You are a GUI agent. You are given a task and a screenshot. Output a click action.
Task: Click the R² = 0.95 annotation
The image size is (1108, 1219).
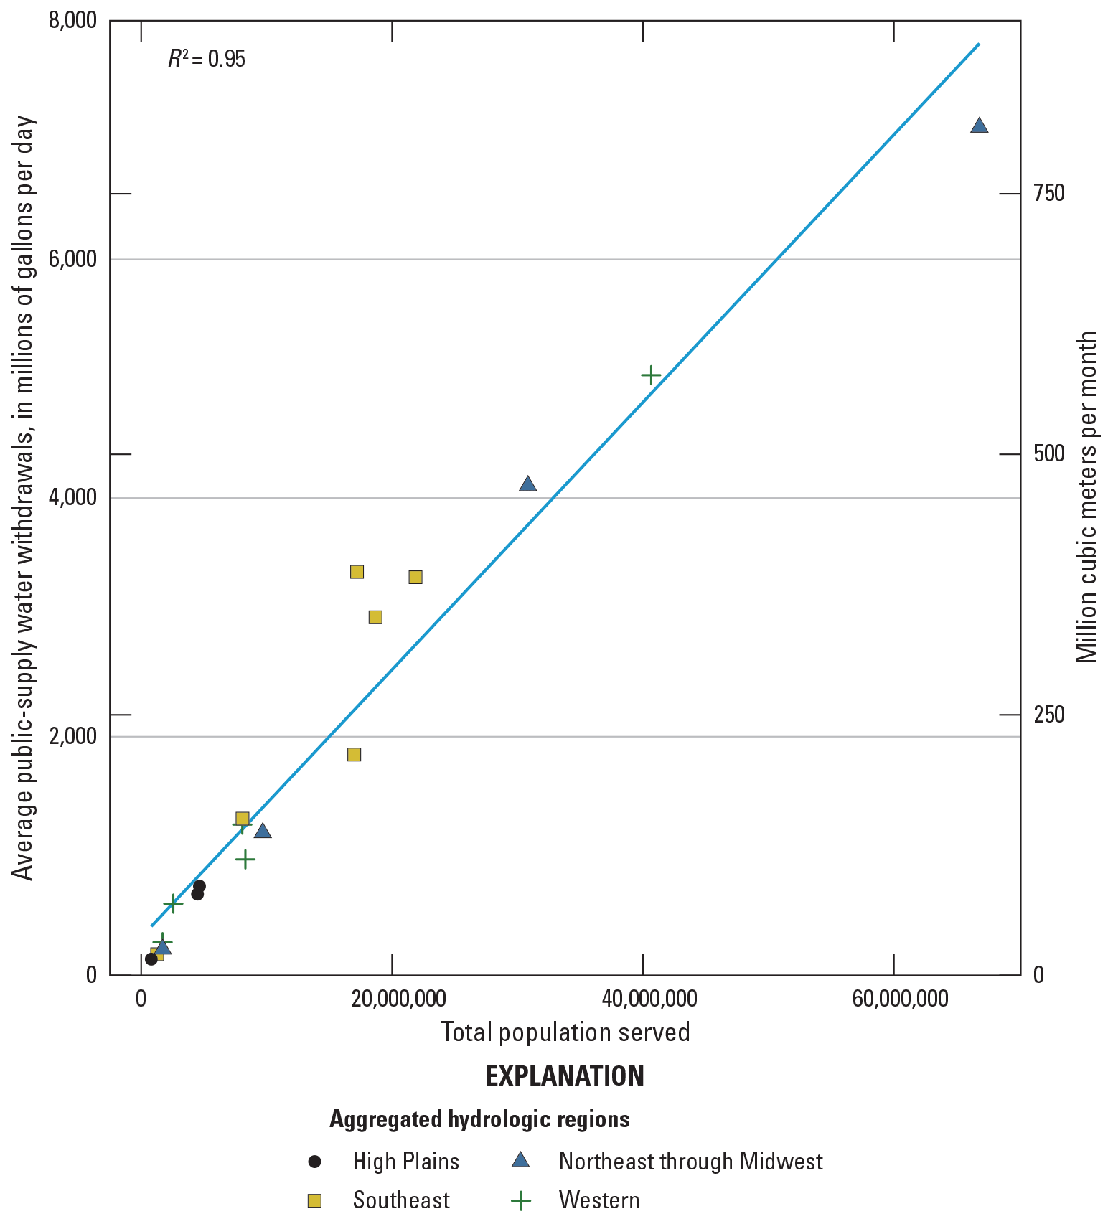click(207, 59)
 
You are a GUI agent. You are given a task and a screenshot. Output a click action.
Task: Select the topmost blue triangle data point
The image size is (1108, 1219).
click(979, 126)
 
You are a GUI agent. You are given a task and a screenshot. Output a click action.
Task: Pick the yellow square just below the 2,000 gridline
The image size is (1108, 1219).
click(354, 754)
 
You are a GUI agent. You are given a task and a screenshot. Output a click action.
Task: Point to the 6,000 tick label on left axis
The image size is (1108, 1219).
click(72, 259)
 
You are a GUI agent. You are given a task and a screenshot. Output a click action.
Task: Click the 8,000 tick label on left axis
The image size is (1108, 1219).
click(72, 20)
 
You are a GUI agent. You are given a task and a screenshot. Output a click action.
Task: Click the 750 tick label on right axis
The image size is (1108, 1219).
click(1048, 193)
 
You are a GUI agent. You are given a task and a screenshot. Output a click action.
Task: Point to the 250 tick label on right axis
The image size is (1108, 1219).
click(1048, 715)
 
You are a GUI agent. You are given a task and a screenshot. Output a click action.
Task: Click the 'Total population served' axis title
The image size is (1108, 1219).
click(565, 1032)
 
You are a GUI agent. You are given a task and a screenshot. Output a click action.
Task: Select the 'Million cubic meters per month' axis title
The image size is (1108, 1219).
click(1087, 497)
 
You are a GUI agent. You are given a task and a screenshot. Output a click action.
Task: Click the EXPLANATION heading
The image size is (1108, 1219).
click(565, 1076)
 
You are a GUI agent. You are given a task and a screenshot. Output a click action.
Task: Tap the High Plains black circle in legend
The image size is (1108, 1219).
click(314, 1161)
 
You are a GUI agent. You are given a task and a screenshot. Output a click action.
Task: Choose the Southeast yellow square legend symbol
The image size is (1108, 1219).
click(314, 1200)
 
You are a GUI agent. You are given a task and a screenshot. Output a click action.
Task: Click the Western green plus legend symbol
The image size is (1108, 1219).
click(520, 1200)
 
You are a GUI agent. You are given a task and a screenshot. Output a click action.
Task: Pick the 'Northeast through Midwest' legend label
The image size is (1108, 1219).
click(690, 1161)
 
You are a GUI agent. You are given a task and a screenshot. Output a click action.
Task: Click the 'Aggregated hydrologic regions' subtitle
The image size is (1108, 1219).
click(479, 1119)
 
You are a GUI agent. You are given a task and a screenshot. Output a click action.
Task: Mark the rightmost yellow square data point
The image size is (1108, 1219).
click(415, 577)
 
